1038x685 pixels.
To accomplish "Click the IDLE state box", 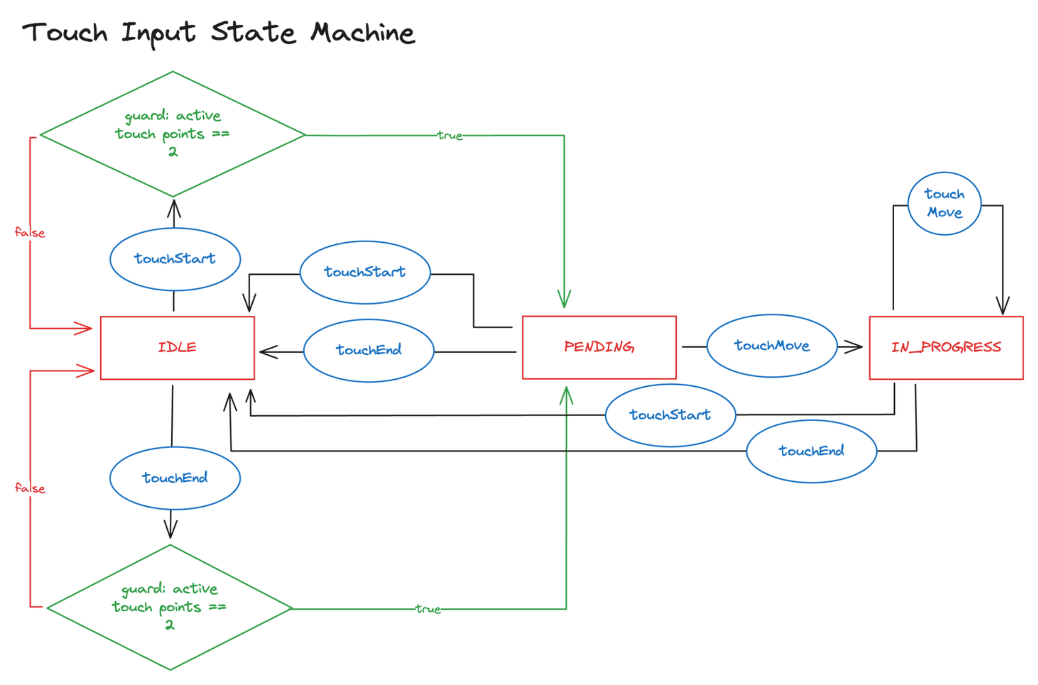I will click(x=177, y=348).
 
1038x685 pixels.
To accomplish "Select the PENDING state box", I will click(x=599, y=347).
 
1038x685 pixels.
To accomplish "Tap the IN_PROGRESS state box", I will click(x=946, y=348).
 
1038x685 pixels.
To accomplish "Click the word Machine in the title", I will click(x=362, y=33).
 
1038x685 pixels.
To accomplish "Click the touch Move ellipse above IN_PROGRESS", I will click(x=944, y=204).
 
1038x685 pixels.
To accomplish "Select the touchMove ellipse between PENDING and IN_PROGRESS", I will click(x=771, y=346).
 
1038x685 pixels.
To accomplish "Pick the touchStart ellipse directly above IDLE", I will click(x=175, y=259).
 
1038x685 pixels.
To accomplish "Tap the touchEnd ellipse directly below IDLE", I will click(x=175, y=478).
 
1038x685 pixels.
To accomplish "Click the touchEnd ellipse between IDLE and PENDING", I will click(x=368, y=350).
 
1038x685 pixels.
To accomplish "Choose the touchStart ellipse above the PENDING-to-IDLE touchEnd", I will click(x=365, y=272).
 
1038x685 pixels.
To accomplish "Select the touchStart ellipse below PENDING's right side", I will click(x=670, y=415).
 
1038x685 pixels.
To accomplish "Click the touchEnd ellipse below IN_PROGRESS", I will click(x=811, y=451).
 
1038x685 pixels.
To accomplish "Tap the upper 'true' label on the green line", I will click(x=450, y=136).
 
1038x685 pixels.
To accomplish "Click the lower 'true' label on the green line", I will click(x=428, y=609).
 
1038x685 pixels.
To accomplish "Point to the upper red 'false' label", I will click(x=30, y=232).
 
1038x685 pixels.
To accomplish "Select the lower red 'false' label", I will click(x=30, y=488).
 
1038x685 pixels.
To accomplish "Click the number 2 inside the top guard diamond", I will click(x=173, y=152).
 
